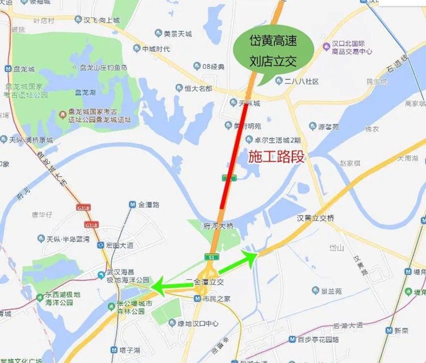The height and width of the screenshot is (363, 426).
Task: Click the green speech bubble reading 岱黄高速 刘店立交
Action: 274,50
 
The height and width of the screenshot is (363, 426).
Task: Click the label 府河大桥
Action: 218,226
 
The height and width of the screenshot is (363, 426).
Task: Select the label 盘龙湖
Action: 85,91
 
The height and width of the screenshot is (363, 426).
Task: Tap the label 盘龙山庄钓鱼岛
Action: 103,68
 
